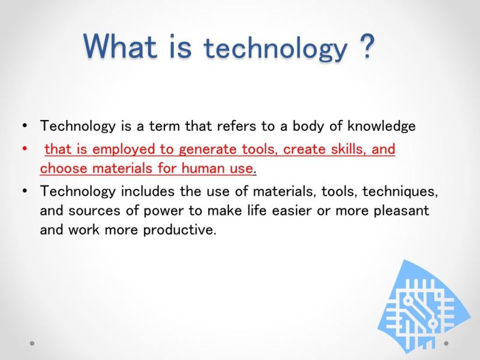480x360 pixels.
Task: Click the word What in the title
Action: click(x=120, y=46)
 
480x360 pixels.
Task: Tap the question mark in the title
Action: click(x=365, y=46)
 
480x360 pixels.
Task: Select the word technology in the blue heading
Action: click(x=275, y=49)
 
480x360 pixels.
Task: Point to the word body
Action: click(x=308, y=126)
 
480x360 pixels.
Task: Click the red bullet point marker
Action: click(x=25, y=149)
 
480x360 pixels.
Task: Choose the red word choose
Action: click(x=64, y=169)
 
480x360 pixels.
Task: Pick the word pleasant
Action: click(x=401, y=211)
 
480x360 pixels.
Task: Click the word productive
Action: click(x=179, y=230)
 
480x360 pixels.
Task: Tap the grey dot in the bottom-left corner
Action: click(x=32, y=343)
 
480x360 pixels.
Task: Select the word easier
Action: click(x=292, y=211)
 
